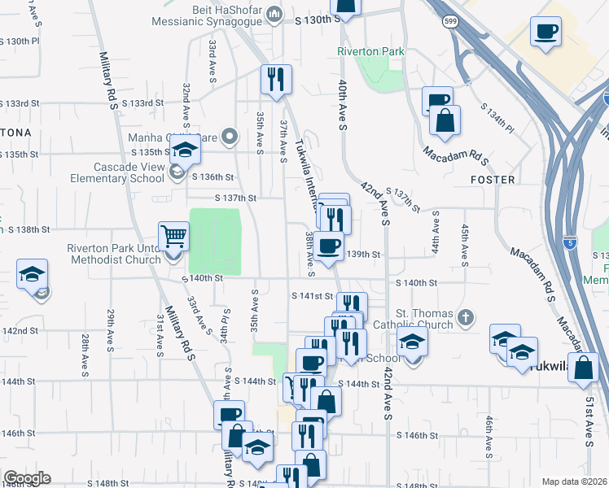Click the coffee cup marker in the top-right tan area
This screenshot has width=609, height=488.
[x=545, y=33]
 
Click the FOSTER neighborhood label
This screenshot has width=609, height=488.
[x=492, y=179]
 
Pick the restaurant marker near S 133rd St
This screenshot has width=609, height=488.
[x=275, y=79]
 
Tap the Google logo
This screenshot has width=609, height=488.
[x=27, y=478]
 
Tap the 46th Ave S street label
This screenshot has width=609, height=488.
[x=489, y=437]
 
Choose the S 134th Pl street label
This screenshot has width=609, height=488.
[x=497, y=118]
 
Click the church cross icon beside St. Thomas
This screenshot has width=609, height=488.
[x=466, y=316]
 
